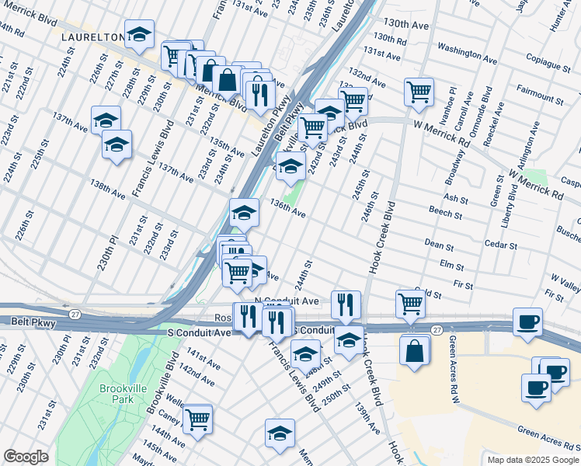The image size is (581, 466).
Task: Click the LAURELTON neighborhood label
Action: pos(93,37)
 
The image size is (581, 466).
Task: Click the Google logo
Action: pos(26,457)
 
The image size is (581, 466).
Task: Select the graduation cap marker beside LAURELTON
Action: pos(139,34)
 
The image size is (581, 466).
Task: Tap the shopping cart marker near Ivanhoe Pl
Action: pos(418,91)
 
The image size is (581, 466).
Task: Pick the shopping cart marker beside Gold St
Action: pos(410,304)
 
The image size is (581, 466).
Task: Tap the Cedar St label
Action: pos(501,245)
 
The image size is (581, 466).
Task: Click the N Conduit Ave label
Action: pos(287,301)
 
